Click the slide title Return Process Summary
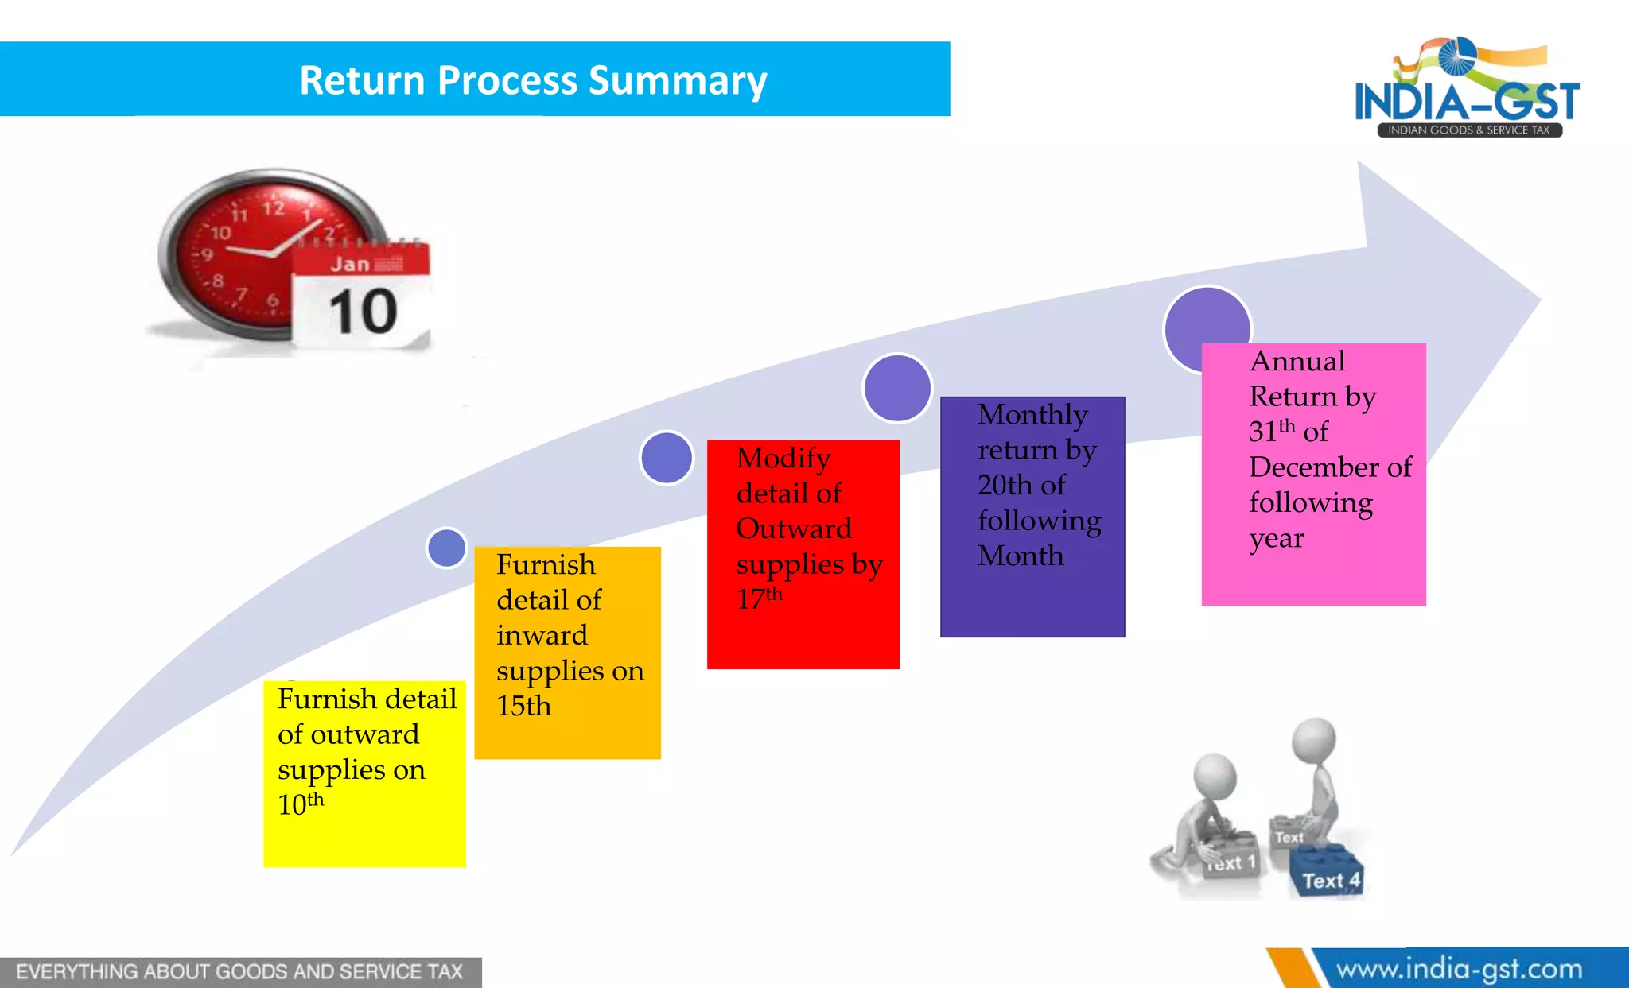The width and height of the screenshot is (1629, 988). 533,80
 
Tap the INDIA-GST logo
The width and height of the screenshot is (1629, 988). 1468,90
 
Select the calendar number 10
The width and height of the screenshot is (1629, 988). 363,312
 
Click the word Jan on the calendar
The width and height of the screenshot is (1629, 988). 350,264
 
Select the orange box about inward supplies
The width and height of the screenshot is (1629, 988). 567,652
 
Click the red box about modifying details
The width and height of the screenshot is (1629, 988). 803,554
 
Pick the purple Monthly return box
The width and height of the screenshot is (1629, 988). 1032,517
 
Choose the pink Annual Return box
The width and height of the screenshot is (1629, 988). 1313,474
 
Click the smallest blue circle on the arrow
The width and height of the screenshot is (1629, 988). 446,548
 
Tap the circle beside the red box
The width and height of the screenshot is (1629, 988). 667,458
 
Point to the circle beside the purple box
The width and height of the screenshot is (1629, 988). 897,388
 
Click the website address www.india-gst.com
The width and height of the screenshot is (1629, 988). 1459,970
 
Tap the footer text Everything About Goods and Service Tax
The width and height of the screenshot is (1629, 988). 239,972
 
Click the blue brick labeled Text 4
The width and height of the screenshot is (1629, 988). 1327,874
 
